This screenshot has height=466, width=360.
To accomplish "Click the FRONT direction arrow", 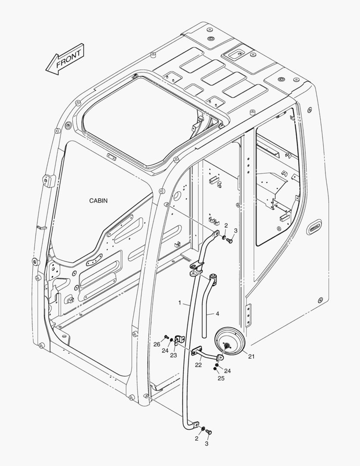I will (x=65, y=60).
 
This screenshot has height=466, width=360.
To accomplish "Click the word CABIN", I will (x=98, y=201).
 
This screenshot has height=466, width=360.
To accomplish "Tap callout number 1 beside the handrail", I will (x=180, y=302).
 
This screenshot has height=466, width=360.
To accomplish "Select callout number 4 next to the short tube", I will (x=217, y=314).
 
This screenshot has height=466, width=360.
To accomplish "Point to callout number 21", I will (x=251, y=356).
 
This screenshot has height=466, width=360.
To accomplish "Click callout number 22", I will (x=198, y=365).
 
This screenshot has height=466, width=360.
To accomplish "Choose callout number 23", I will (x=173, y=356).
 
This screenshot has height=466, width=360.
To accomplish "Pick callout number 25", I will (x=221, y=378).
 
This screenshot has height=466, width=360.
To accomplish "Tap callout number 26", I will (x=157, y=344).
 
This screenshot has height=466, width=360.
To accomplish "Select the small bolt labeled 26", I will (x=166, y=337).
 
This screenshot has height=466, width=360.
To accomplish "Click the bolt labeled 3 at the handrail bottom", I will (x=210, y=431).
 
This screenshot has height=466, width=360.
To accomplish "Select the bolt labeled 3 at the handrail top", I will (x=230, y=241).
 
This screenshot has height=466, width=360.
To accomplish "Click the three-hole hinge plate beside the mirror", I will (x=247, y=315).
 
